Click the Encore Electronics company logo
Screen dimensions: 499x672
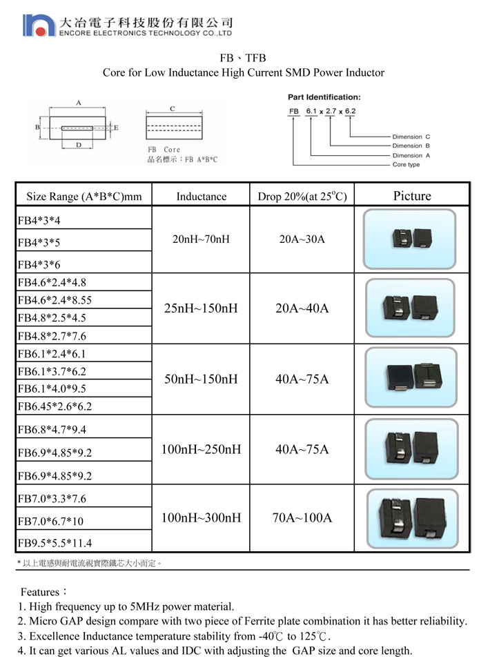(39, 26)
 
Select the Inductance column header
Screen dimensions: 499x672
(201, 196)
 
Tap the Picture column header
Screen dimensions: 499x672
(412, 195)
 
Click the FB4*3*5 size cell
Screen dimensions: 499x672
(39, 243)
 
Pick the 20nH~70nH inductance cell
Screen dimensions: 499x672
(201, 239)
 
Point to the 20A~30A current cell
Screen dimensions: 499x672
(302, 239)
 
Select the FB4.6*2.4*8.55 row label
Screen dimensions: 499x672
(55, 300)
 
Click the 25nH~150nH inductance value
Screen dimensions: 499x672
(201, 308)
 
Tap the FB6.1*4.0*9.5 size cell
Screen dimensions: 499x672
(52, 388)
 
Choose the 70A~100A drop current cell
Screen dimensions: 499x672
(302, 517)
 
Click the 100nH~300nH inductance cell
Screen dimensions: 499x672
(201, 517)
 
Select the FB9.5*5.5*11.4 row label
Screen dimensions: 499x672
(55, 543)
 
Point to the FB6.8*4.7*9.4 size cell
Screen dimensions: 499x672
(52, 429)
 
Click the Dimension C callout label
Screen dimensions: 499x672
(411, 137)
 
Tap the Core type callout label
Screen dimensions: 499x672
(406, 165)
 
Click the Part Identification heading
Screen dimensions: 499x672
(324, 97)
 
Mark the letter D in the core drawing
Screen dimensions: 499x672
(79, 145)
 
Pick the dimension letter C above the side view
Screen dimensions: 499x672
(173, 108)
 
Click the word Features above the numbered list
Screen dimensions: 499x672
(40, 592)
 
